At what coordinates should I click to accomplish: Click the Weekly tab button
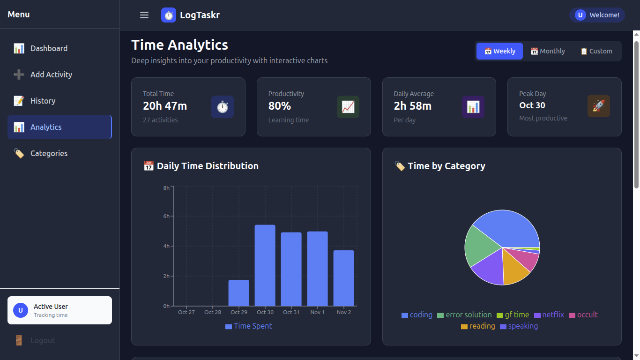(x=499, y=51)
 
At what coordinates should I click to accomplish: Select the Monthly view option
(x=547, y=51)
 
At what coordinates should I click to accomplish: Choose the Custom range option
(x=596, y=51)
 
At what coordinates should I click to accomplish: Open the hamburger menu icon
(x=144, y=15)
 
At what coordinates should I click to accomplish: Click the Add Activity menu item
(x=51, y=75)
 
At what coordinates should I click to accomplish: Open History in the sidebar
(x=43, y=101)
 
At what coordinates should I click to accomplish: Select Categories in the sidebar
(x=49, y=153)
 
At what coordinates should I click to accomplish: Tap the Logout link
(x=42, y=340)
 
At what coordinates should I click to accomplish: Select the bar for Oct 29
(x=238, y=293)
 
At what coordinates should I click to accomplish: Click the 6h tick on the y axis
(x=166, y=216)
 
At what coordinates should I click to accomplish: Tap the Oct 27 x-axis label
(x=186, y=312)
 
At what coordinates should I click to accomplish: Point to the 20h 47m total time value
(x=165, y=106)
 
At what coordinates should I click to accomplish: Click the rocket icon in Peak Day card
(x=598, y=106)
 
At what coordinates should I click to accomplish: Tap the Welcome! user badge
(x=596, y=15)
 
